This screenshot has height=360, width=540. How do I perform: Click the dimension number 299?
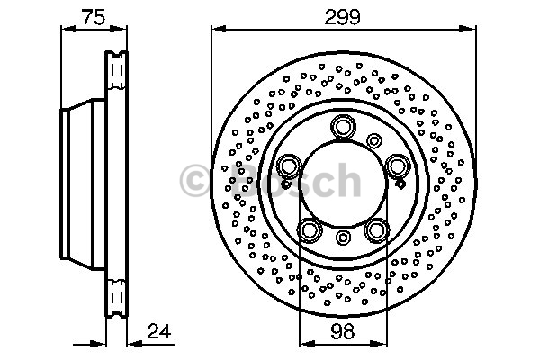coord(342,17)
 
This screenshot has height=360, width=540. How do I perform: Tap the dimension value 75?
coord(94,17)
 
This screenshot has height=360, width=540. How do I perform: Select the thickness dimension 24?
coord(158,331)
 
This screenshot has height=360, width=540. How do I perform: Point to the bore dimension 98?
coord(343,332)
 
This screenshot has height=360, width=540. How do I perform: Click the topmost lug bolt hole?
coord(343,126)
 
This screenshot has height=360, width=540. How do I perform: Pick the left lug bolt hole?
coord(289,166)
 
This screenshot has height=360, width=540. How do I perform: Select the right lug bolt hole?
coord(398,166)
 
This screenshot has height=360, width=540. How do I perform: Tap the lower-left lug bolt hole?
coord(310,230)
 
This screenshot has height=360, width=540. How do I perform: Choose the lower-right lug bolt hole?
coord(377,230)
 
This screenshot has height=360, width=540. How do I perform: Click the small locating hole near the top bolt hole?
coord(374,140)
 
